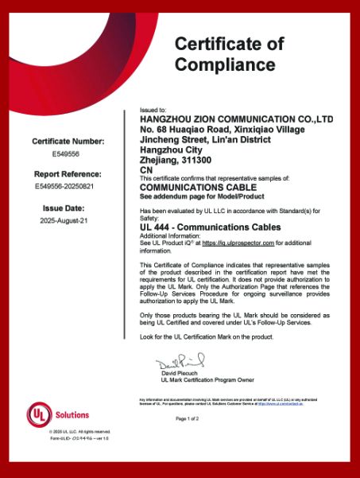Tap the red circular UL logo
click(x=38, y=414)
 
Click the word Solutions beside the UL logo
click(x=72, y=414)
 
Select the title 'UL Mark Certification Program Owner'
click(x=207, y=379)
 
